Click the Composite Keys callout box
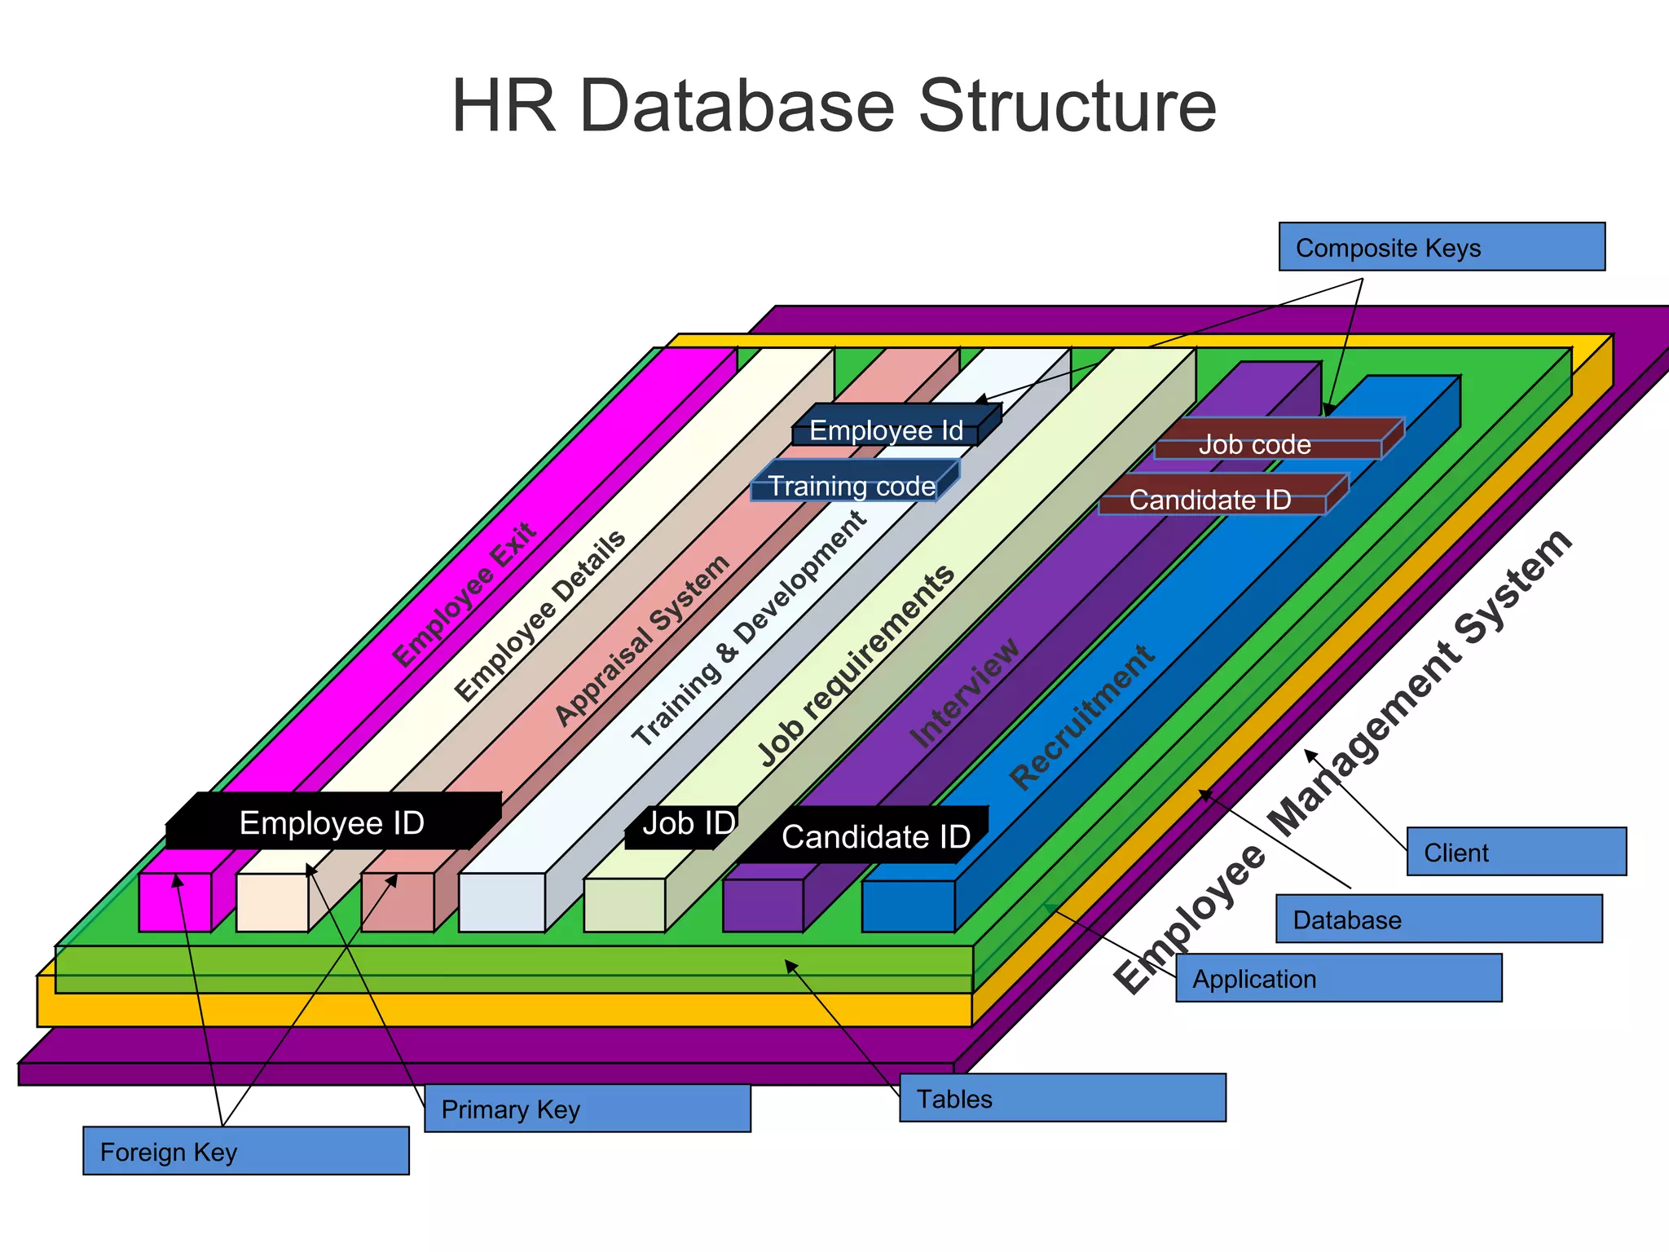1441,247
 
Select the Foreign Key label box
245,1151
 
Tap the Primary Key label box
587,1109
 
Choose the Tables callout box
1062,1098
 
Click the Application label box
1338,978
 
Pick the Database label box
1438,919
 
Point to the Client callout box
1516,852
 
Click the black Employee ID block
332,823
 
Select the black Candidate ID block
872,837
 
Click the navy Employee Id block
886,431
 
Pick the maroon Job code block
1255,445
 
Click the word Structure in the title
1067,106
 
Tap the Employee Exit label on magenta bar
465,595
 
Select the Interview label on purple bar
965,693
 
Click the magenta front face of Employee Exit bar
174,902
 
